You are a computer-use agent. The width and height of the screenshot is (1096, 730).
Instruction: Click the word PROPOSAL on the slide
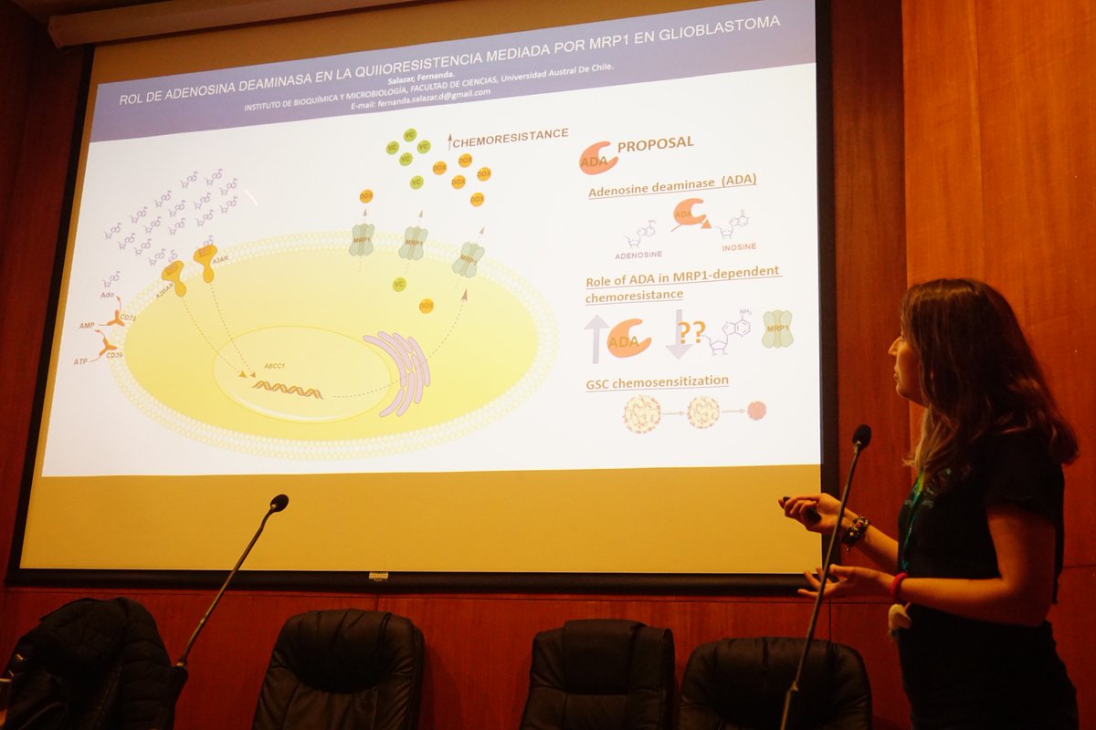click(655, 143)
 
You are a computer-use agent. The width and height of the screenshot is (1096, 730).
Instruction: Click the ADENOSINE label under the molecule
click(638, 254)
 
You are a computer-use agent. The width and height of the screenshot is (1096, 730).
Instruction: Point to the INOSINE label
click(739, 247)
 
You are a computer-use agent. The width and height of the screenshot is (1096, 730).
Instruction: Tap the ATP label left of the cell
click(81, 361)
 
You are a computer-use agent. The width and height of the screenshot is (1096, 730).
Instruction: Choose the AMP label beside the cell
click(86, 325)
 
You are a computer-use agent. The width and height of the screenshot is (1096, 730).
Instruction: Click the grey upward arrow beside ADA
click(596, 338)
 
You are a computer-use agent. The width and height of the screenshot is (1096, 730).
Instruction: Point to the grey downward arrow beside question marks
click(679, 334)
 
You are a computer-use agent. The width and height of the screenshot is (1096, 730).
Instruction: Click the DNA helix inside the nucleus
click(287, 390)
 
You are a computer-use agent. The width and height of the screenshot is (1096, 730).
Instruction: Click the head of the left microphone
click(279, 502)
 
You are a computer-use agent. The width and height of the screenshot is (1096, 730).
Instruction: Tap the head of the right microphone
click(861, 436)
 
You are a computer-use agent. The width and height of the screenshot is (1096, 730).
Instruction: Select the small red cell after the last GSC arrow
click(756, 411)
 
